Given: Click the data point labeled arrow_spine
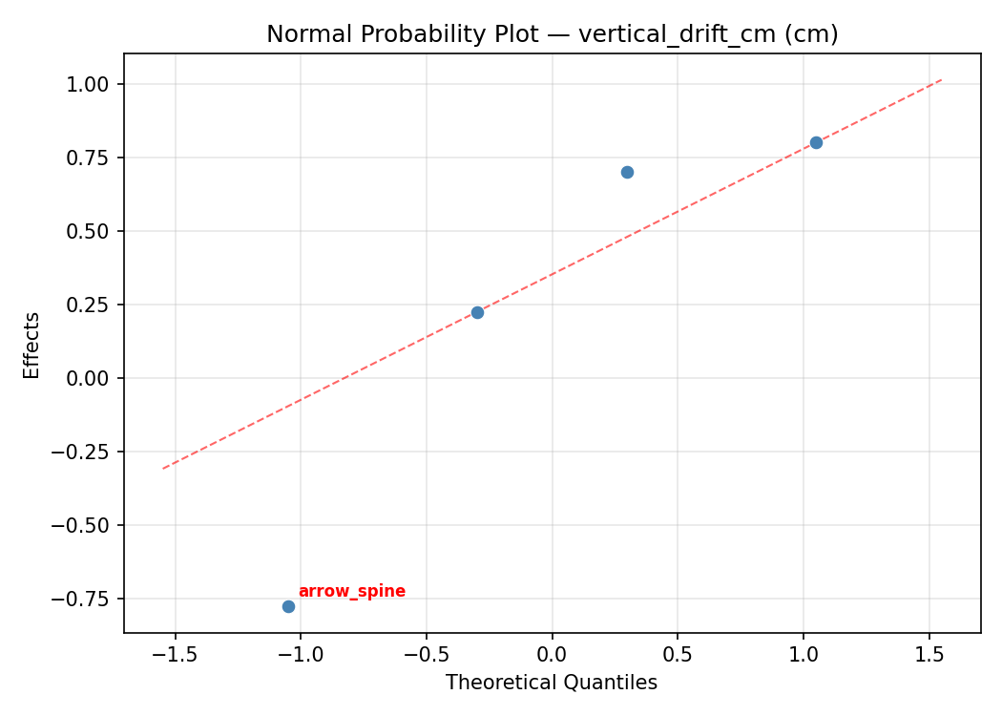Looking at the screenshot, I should pyautogui.click(x=288, y=606).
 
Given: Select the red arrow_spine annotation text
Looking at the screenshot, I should pyautogui.click(x=352, y=592).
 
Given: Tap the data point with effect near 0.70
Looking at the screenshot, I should pyautogui.click(x=627, y=172).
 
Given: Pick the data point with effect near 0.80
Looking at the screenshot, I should pyautogui.click(x=816, y=142).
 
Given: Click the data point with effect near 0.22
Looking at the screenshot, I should pyautogui.click(x=477, y=312).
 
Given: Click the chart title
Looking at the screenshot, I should pyautogui.click(x=552, y=34).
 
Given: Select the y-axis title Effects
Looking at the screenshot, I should pyautogui.click(x=32, y=345).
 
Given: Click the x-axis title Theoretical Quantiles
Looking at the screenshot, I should pyautogui.click(x=552, y=683).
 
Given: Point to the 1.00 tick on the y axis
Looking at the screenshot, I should pyautogui.click(x=94, y=84).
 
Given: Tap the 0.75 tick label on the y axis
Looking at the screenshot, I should pyautogui.click(x=94, y=158).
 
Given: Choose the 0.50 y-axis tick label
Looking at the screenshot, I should pyautogui.click(x=94, y=231).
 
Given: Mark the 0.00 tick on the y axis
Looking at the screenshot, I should pyautogui.click(x=94, y=378).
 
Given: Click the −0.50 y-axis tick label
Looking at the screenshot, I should pyautogui.click(x=87, y=525).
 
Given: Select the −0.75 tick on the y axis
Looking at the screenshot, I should pyautogui.click(x=87, y=599).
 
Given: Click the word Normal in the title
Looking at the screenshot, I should pyautogui.click(x=300, y=34).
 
